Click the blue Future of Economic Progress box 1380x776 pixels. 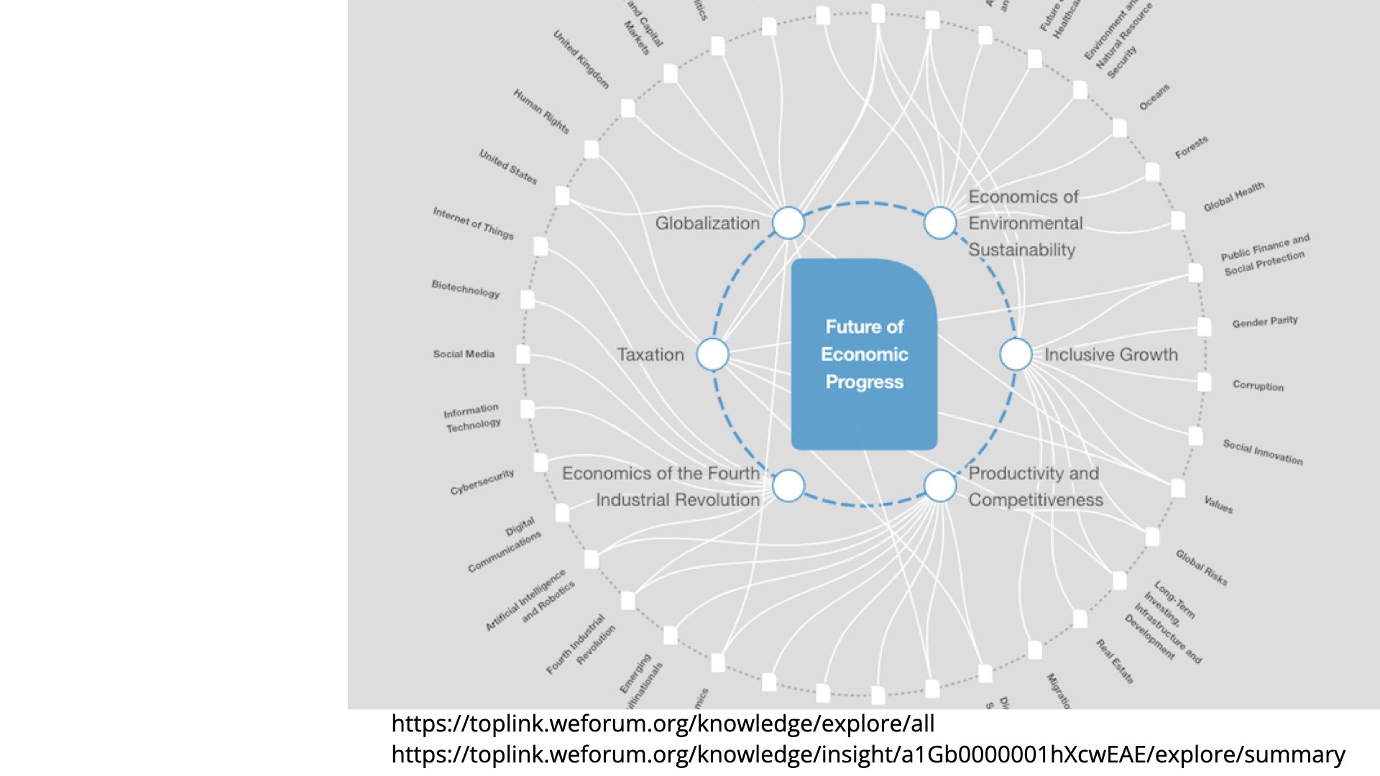864,354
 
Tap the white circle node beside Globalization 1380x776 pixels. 788,223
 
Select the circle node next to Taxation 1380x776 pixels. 713,354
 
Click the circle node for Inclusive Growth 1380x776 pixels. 1016,354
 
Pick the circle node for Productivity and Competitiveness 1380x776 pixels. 940,486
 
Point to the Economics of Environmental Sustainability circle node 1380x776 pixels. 940,223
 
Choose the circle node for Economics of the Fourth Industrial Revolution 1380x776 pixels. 788,486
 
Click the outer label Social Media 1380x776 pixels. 464,354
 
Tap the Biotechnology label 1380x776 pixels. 465,289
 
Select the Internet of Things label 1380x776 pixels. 473,223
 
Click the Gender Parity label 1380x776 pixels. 1265,321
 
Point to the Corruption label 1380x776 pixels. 1258,386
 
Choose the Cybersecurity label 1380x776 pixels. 482,481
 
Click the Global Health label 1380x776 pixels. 1233,197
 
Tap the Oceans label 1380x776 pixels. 1154,98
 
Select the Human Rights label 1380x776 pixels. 541,111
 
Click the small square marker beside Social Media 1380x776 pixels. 523,354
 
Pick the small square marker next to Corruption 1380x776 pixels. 1205,382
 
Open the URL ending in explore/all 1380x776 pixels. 663,724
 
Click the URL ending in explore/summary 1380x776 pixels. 868,754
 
